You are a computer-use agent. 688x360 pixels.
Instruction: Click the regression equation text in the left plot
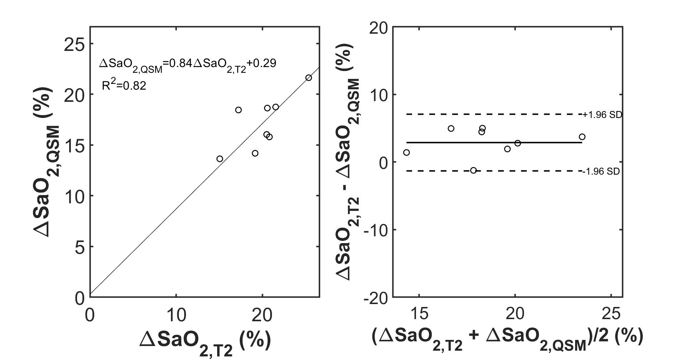[x=188, y=64]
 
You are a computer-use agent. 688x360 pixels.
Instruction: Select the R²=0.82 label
[x=124, y=85]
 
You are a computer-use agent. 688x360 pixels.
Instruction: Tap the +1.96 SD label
[x=602, y=115]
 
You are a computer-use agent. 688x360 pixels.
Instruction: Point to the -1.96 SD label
[x=601, y=171]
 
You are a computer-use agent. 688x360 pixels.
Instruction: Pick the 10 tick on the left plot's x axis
[x=176, y=314]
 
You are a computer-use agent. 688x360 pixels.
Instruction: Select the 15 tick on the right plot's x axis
[x=419, y=314]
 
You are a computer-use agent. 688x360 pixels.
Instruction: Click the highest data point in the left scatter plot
[x=309, y=78]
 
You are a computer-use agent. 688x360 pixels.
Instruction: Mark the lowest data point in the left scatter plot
[x=220, y=158]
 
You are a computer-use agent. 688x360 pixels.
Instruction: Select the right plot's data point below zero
[x=473, y=170]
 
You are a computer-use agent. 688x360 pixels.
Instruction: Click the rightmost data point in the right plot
[x=582, y=137]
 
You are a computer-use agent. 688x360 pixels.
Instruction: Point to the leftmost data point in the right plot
[x=406, y=152]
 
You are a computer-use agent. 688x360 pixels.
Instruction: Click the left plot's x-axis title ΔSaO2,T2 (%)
[x=205, y=341]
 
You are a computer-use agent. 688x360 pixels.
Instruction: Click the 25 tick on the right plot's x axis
[x=611, y=314]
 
